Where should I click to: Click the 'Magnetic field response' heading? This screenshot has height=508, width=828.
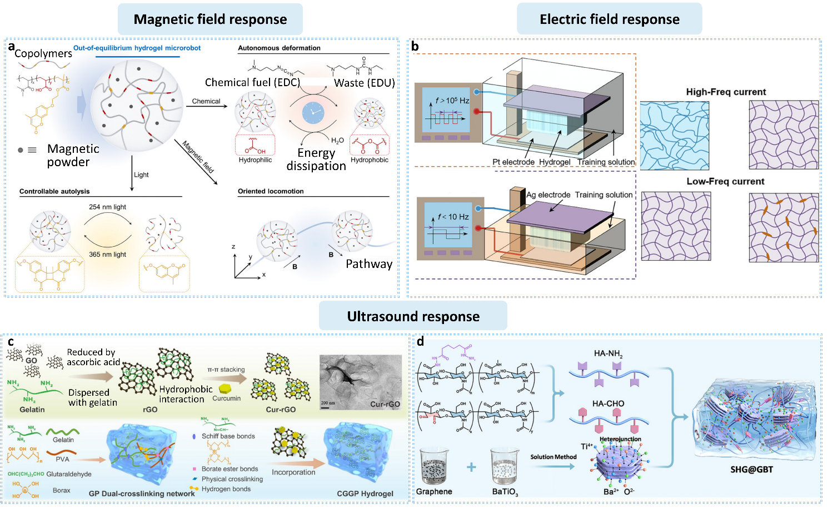210,19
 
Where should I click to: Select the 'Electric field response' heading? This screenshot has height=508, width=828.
610,19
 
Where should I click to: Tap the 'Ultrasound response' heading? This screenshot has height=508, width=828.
413,316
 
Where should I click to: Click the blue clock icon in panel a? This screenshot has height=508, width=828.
313,113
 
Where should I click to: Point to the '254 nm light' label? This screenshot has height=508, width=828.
107,207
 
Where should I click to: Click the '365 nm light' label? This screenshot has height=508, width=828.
107,255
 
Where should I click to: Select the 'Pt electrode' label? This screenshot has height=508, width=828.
513,162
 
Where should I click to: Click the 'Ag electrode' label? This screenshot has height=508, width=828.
548,195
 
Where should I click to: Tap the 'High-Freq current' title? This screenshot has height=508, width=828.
726,92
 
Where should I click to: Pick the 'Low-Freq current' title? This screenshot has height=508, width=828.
725,182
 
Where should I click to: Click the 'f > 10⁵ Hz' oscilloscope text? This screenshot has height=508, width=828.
452,101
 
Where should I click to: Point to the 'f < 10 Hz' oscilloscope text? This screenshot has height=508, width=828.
453,217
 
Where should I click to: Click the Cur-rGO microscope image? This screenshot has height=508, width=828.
360,383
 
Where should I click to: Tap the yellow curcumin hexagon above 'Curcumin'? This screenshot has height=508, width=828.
225,389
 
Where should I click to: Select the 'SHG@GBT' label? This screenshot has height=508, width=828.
751,470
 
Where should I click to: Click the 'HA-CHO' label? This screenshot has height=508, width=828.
608,404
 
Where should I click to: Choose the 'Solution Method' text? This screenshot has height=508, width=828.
553,457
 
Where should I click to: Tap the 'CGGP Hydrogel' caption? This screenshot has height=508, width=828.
365,494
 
